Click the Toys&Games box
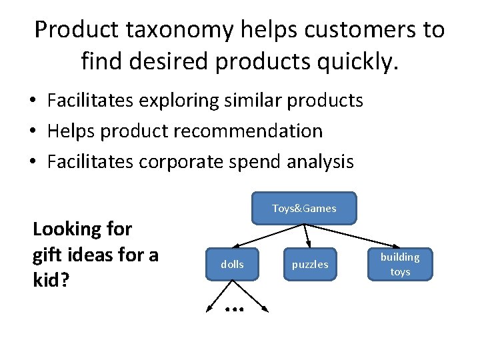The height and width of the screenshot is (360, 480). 304,208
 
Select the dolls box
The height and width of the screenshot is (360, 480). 232,265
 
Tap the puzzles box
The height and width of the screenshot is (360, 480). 310,265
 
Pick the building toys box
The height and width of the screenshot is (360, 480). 400,264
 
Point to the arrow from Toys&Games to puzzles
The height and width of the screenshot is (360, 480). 307,237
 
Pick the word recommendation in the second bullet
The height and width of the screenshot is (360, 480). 248,131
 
